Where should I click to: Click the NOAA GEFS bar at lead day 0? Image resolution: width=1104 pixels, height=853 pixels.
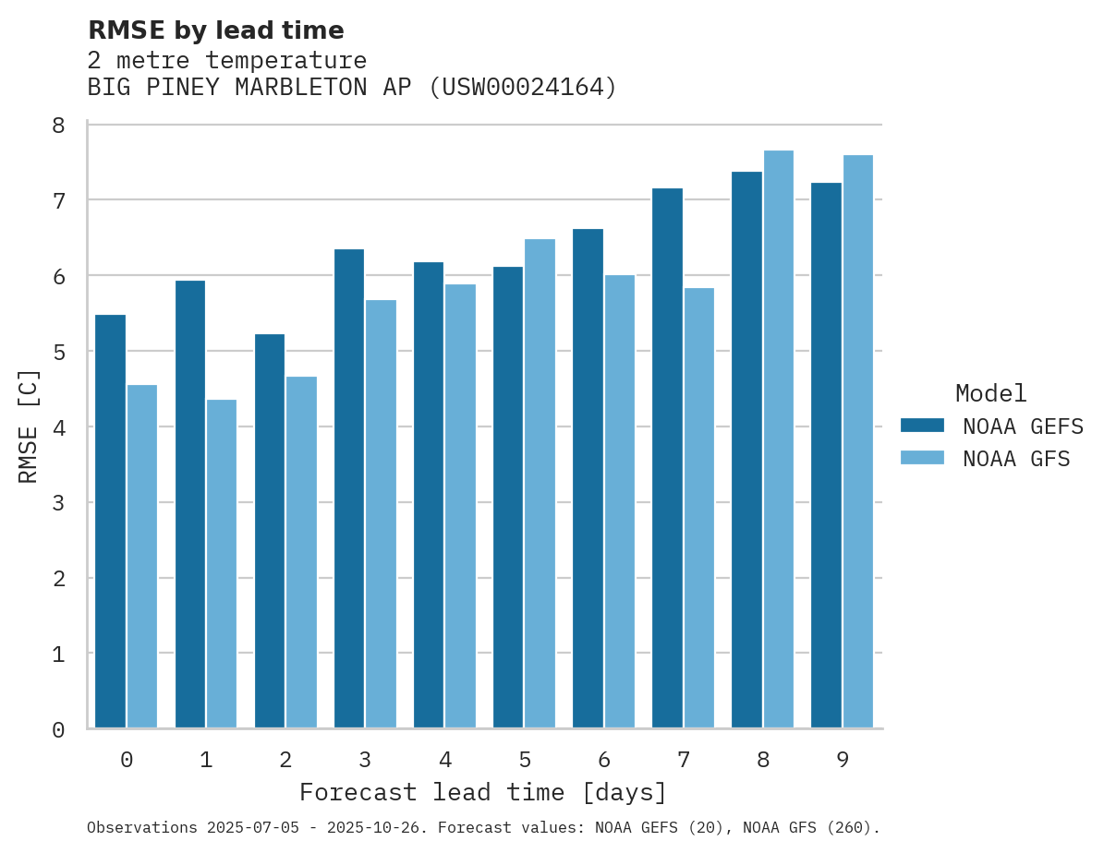coord(110,522)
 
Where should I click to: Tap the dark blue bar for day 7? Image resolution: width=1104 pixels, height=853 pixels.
coord(667,458)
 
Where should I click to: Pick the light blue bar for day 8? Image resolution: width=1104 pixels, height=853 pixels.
coord(779,439)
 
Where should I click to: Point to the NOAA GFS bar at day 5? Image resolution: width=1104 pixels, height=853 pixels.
coord(540,484)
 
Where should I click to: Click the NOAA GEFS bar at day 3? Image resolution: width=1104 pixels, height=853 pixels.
coord(349,488)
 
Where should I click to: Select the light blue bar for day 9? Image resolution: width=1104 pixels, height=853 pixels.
coord(858,441)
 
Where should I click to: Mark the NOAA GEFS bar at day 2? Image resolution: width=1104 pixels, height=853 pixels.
coord(270,531)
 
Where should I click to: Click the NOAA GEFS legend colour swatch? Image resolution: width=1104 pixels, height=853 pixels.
coord(922,425)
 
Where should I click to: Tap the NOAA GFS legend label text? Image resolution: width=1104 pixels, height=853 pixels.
coord(1015,459)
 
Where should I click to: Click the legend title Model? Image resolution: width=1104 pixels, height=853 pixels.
coord(990,393)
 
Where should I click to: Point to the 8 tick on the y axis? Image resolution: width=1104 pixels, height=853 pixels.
coord(58,126)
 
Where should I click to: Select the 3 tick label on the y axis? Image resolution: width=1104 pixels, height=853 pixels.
coord(58,503)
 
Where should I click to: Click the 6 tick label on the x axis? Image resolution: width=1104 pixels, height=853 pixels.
coord(604,760)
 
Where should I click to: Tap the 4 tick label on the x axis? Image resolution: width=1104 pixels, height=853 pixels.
coord(445,760)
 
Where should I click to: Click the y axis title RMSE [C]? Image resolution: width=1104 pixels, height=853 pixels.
coord(29,426)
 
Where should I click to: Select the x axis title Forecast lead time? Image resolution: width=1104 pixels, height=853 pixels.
coord(482,792)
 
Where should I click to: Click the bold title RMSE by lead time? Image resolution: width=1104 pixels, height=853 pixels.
coord(215,30)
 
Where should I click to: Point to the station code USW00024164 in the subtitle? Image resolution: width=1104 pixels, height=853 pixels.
coord(522,88)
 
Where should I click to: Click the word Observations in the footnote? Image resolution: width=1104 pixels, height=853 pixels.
coord(142,828)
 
